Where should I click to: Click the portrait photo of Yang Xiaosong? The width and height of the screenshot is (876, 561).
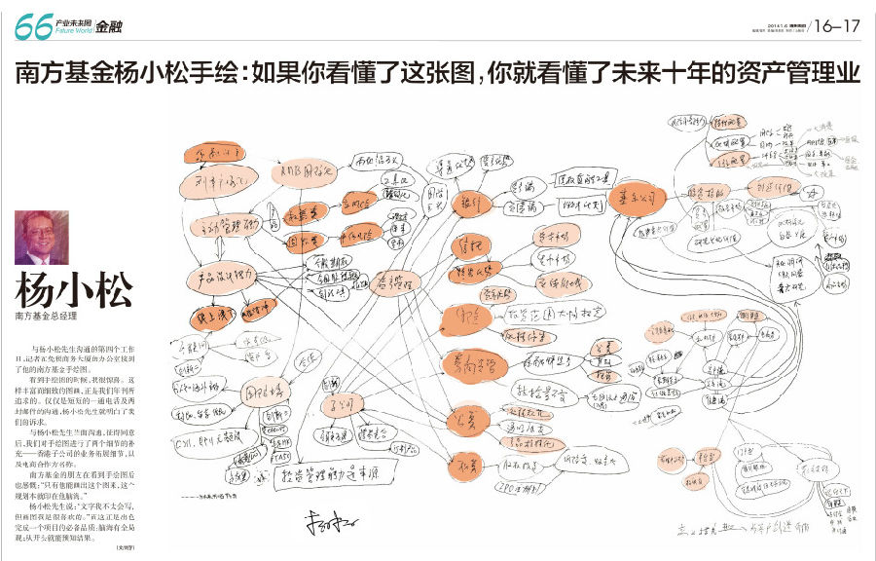coord(41,237)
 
